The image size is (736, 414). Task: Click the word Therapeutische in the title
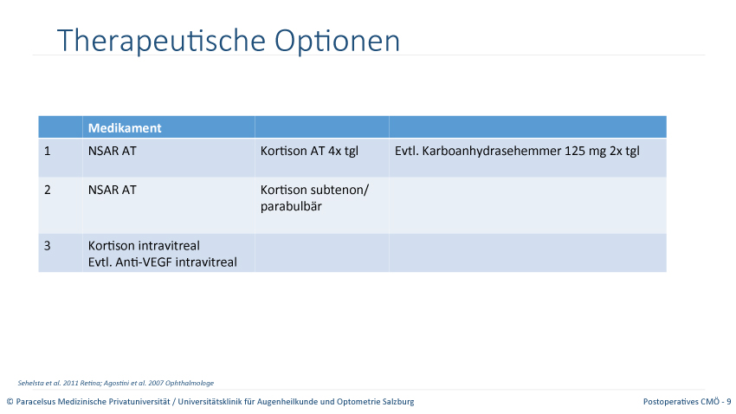(161, 41)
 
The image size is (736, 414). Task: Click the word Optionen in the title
(337, 41)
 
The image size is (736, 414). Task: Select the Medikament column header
(125, 127)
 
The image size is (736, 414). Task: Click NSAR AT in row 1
(113, 152)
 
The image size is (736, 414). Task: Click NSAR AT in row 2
(113, 190)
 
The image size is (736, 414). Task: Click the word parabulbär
(291, 206)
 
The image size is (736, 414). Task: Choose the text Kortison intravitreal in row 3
(144, 246)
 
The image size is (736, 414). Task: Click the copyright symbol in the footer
(10, 402)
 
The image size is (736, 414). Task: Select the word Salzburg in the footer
(399, 402)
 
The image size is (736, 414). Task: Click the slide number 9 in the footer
(729, 402)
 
